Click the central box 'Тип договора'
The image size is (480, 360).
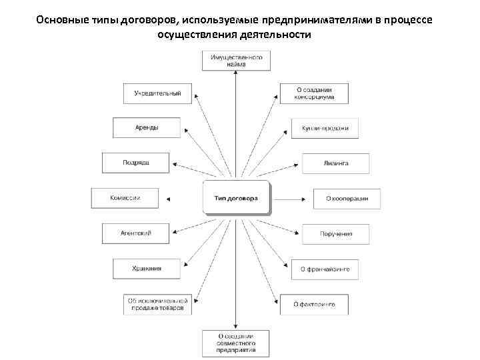click(237, 198)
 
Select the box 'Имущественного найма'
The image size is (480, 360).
click(237, 61)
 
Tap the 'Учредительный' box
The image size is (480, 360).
click(157, 93)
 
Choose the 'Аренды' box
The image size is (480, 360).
click(147, 127)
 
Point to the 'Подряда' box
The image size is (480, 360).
click(136, 163)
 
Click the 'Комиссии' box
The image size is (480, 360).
click(125, 197)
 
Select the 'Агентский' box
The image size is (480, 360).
click(136, 233)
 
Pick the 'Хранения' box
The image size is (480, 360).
click(147, 269)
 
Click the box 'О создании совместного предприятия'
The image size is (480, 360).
click(237, 342)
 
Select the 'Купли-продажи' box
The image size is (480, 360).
click(325, 128)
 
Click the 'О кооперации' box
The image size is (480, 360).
click(347, 198)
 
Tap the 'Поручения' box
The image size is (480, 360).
click(336, 233)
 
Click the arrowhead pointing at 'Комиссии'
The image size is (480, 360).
click(169, 198)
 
